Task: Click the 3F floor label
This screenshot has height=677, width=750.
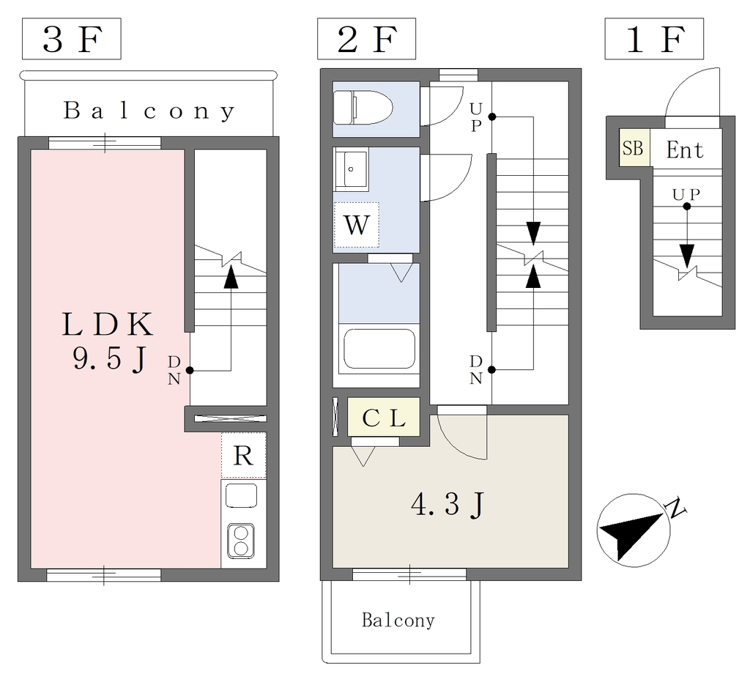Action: [71, 40]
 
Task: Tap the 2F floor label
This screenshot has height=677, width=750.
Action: [366, 40]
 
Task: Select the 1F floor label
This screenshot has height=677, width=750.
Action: [654, 40]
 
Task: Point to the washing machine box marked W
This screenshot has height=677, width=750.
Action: [357, 224]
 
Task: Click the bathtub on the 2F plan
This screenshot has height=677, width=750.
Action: [379, 349]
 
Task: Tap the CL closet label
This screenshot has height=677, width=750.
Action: [384, 420]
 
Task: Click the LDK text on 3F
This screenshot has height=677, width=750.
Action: [107, 323]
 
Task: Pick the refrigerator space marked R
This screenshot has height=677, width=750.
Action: [243, 456]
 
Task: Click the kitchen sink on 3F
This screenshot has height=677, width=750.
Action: [241, 497]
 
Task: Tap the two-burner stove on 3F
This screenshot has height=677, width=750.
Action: [240, 540]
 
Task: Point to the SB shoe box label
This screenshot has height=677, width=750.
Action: [633, 148]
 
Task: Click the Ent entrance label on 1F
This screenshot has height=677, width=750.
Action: [685, 151]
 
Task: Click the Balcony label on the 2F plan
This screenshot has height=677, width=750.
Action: [398, 621]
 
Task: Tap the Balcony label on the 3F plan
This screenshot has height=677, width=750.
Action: [149, 111]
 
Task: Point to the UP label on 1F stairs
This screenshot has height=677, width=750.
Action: [686, 194]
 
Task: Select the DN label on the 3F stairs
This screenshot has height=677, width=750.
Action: [174, 369]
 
